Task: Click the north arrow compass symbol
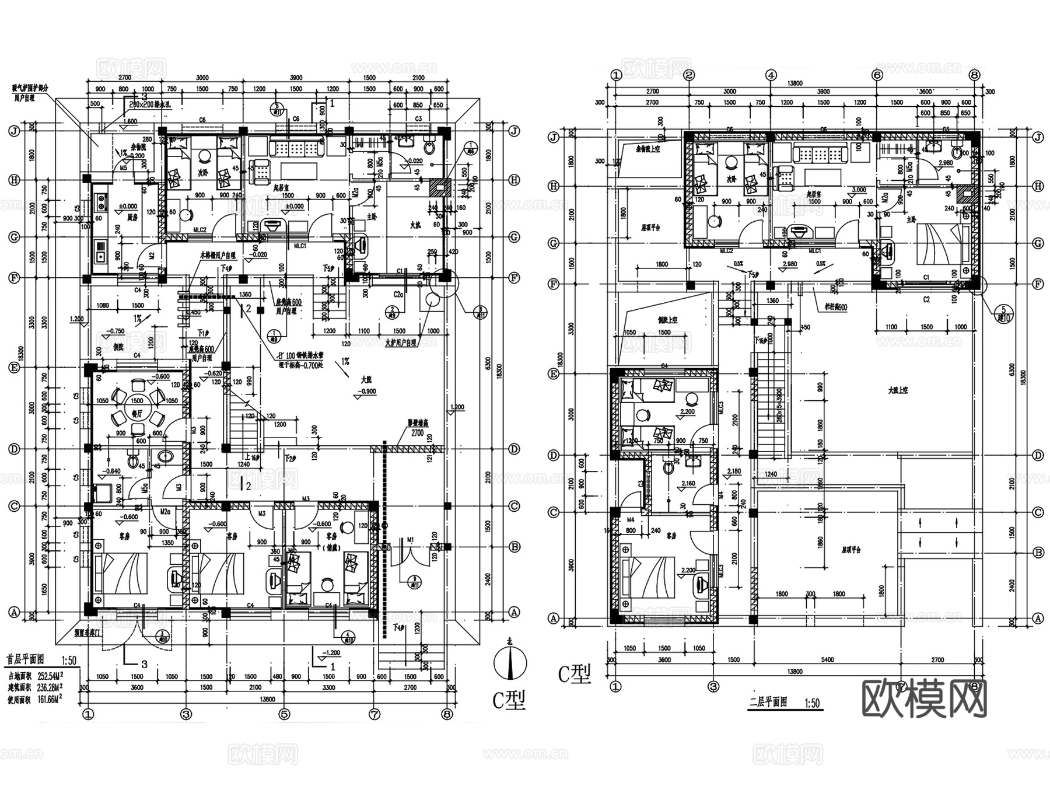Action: coord(510,663)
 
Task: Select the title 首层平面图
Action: coord(26,659)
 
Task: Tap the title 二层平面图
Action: coord(768,702)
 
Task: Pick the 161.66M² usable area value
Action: coord(50,697)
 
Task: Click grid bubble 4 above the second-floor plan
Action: coord(771,75)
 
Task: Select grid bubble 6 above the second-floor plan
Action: coord(877,75)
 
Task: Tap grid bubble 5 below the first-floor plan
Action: coord(283,714)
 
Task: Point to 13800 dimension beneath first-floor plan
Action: coord(267,699)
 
